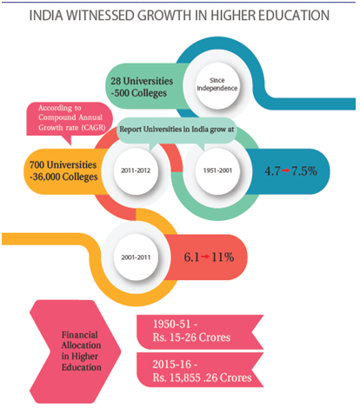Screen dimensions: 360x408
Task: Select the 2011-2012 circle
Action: tap(136, 171)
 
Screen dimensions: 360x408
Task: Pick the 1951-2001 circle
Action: tap(217, 171)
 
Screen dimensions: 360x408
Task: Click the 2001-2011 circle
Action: tap(136, 258)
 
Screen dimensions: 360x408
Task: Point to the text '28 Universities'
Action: tap(142, 81)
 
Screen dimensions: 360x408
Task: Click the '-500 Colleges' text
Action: tap(139, 93)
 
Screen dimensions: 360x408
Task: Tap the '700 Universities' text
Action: tap(63, 164)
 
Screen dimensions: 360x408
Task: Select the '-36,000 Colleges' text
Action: tap(63, 177)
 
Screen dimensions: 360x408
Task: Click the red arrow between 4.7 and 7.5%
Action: tap(285, 171)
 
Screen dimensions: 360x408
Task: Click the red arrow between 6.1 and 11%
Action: tap(205, 257)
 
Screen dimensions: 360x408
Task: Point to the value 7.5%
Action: tap(304, 171)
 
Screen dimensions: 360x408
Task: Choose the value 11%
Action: tap(223, 258)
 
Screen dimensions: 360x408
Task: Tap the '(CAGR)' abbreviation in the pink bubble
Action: tap(93, 128)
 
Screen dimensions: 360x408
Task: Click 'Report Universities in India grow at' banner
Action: tap(177, 130)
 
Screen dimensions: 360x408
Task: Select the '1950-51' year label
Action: tap(175, 324)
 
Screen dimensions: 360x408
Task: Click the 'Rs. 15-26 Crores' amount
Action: tap(191, 338)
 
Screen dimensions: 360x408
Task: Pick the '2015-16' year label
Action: tap(175, 365)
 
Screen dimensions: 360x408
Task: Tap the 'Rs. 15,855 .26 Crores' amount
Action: tap(202, 378)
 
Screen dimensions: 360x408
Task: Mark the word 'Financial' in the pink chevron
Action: tap(80, 335)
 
